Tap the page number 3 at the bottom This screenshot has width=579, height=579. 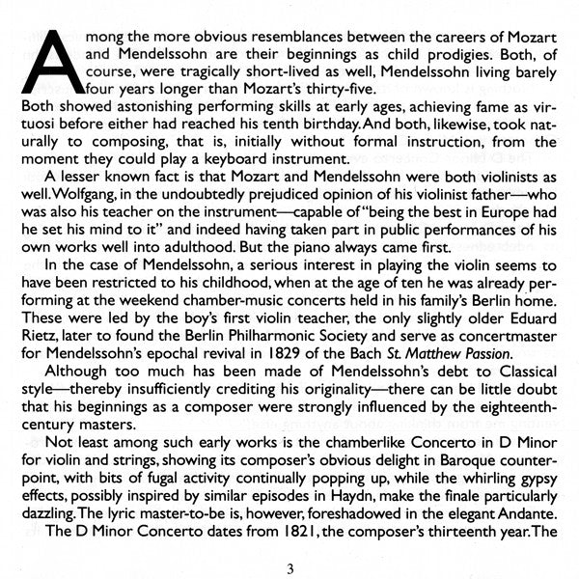point(289,568)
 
